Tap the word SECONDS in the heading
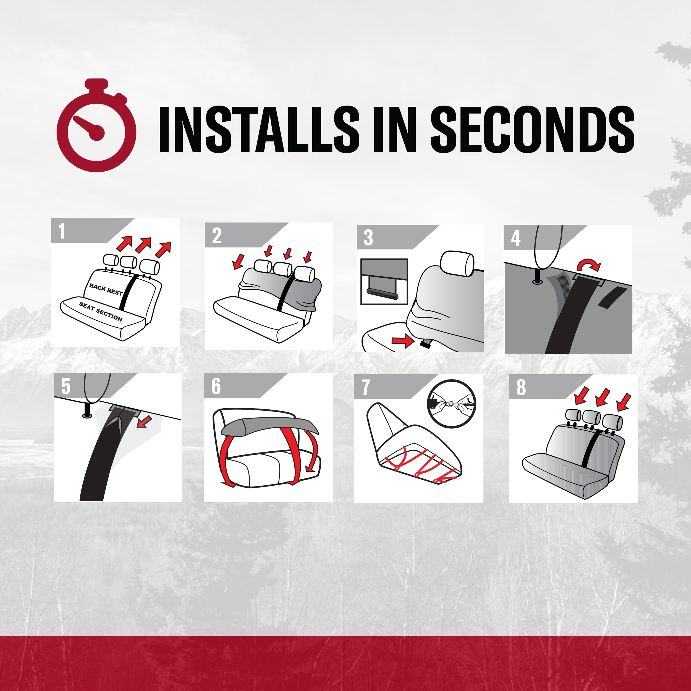point(533,129)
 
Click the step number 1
point(62,231)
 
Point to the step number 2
point(217,236)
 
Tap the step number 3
point(368,238)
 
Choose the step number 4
point(515,238)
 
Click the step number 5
point(66,387)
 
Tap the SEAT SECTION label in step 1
point(101,312)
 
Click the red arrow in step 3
point(403,341)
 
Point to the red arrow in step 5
point(145,421)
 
